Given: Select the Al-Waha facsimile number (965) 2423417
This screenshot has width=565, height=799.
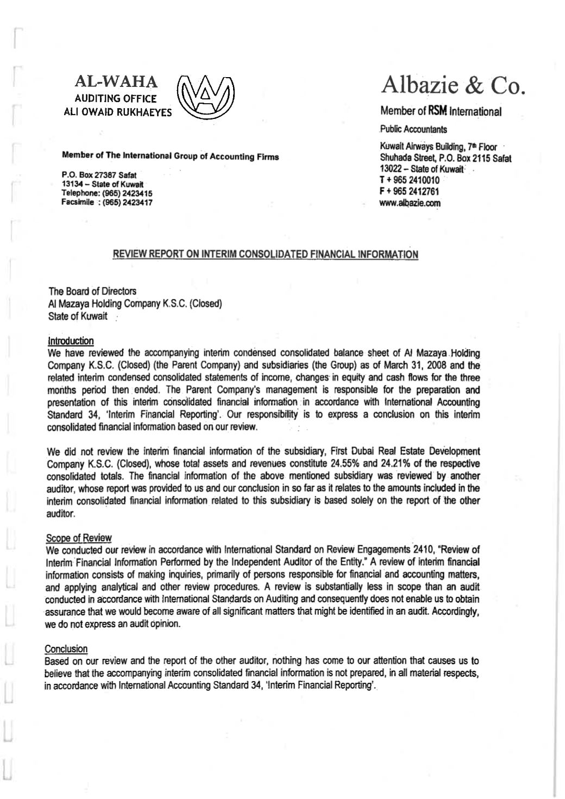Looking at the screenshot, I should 129,203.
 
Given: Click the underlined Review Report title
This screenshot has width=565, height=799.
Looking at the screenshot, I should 265,254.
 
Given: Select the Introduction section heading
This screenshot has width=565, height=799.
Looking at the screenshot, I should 71,341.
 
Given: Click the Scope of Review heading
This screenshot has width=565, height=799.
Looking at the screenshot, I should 79,538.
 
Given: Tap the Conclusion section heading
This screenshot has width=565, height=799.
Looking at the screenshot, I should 66,649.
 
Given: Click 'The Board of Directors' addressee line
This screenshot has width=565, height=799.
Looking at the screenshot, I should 92,291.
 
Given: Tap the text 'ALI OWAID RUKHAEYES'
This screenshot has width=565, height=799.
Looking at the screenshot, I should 117,112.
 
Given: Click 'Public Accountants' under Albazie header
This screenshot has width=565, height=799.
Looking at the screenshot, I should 413,129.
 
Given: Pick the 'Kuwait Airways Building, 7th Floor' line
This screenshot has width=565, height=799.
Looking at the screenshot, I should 438,147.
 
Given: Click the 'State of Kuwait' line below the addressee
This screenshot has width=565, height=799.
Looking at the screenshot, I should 78,316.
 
